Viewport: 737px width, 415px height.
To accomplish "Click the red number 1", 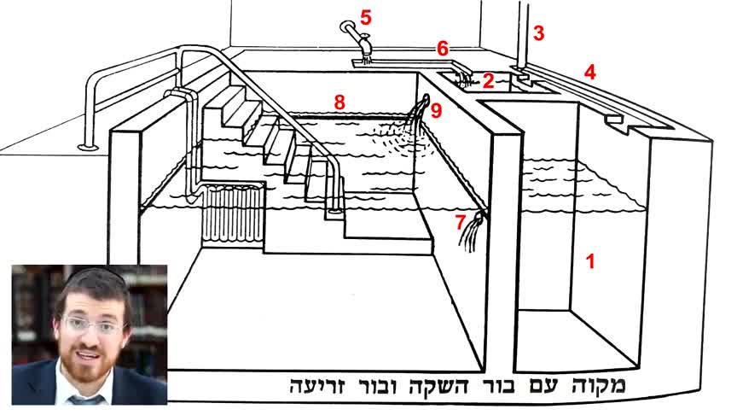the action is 590,261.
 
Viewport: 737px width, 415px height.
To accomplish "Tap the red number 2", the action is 489,81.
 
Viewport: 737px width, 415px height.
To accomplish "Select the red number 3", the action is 538,33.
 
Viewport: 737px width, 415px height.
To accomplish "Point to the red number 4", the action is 590,72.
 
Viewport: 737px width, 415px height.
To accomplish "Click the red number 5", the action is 366,17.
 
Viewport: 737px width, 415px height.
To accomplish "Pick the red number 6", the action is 443,49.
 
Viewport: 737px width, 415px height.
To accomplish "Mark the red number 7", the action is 460,222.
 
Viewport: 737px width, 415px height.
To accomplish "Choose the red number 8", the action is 339,102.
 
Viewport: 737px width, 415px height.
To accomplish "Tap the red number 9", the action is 436,111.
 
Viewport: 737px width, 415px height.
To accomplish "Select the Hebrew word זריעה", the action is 317,386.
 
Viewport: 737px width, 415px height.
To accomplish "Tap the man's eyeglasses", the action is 93,325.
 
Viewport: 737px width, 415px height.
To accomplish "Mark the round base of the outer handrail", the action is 87,147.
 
